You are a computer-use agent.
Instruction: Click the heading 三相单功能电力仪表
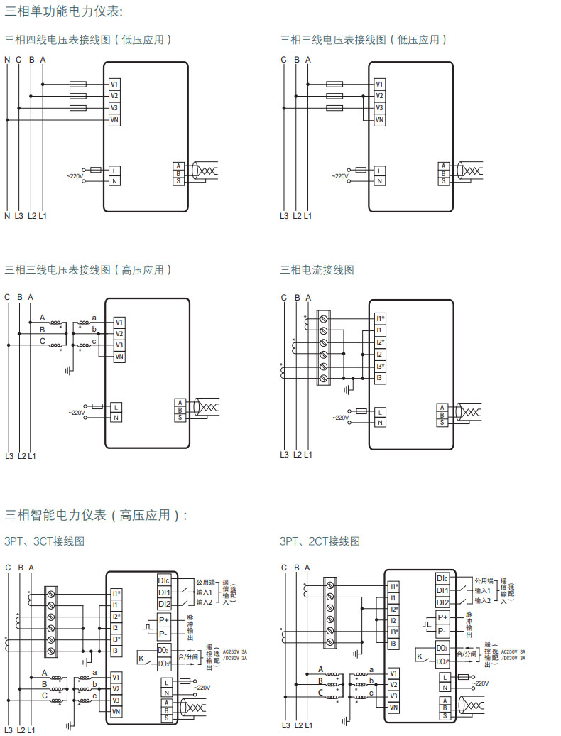63,11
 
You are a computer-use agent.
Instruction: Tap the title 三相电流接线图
317,270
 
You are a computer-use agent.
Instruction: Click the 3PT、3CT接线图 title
44,541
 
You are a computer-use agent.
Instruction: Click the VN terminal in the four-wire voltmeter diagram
114,120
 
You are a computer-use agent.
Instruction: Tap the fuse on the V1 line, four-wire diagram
78,84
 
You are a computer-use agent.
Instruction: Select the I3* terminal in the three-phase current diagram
381,367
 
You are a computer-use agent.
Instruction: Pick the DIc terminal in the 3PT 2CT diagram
442,578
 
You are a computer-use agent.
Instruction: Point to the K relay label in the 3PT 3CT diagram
141,659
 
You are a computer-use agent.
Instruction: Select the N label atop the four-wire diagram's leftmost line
8,60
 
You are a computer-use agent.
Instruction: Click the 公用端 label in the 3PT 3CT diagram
205,581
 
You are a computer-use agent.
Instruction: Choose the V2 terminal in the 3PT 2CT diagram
393,684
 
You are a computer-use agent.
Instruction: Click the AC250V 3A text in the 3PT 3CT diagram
235,651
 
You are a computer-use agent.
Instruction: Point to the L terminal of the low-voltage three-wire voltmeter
380,171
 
